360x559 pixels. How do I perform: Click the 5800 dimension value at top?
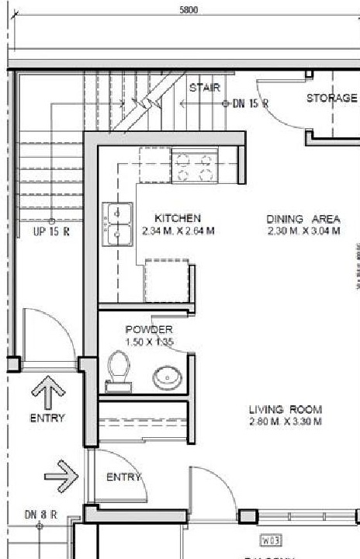click(189, 10)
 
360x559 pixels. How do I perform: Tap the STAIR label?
click(205, 88)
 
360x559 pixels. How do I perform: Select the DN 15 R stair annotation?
click(250, 102)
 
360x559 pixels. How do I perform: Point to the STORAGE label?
click(331, 98)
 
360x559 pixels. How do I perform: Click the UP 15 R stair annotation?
click(50, 231)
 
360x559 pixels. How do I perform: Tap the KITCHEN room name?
click(178, 218)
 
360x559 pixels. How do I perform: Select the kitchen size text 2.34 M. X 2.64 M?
click(178, 231)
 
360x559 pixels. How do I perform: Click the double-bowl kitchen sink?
click(116, 222)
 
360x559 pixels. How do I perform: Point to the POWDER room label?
click(149, 329)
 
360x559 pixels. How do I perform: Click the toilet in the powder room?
click(119, 367)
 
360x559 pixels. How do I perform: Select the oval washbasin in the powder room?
click(167, 378)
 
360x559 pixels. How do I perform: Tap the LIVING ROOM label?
click(285, 409)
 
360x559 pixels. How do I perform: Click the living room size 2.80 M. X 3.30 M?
click(285, 422)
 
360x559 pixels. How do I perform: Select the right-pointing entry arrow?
click(63, 470)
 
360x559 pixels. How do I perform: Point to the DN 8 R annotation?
click(41, 514)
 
